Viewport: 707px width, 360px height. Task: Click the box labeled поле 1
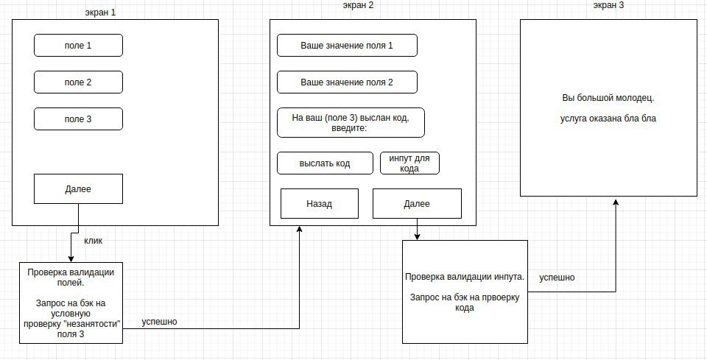(x=78, y=46)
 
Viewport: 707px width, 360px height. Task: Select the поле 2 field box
(x=78, y=82)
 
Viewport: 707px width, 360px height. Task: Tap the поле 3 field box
(x=78, y=119)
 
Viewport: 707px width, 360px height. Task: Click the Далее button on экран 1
(x=78, y=188)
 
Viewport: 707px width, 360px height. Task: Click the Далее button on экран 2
(x=417, y=204)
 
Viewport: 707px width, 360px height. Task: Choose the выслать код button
(x=325, y=163)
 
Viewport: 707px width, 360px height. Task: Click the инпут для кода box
(x=409, y=163)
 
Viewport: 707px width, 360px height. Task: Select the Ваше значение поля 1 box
(x=347, y=46)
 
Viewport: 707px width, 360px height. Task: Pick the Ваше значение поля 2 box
(x=347, y=82)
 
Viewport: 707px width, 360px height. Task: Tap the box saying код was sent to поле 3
(x=351, y=122)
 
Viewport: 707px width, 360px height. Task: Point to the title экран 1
(x=100, y=13)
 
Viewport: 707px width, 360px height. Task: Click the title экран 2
(x=358, y=5)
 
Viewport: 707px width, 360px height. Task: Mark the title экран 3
(x=609, y=5)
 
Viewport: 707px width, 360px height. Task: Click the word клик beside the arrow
(x=94, y=241)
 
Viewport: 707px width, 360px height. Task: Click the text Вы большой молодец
(x=608, y=98)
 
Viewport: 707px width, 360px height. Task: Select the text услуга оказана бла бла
(x=608, y=119)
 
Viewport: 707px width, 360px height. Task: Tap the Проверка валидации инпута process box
(x=465, y=292)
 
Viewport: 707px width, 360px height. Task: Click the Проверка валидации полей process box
(x=71, y=303)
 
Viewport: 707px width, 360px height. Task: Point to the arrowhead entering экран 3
(x=616, y=202)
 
